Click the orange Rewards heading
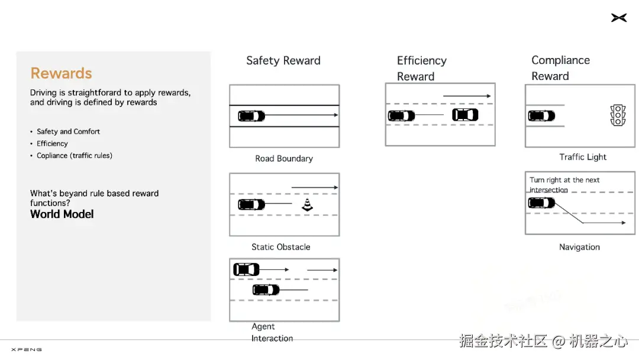pos(61,73)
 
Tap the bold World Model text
pos(62,214)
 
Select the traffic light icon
pos(618,115)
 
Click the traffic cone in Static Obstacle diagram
pos(306,205)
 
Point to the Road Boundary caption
pos(284,159)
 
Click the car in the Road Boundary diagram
pos(251,116)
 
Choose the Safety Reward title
pos(283,60)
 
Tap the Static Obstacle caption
pos(280,247)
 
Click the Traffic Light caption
pos(583,157)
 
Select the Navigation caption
pos(579,247)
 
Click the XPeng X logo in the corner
pos(618,18)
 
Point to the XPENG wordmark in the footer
pos(27,350)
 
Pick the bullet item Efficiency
pos(52,143)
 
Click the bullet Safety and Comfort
pos(68,131)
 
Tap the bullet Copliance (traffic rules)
pos(74,156)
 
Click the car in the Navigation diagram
pos(541,203)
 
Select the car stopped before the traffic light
pos(541,116)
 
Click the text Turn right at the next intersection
pos(564,185)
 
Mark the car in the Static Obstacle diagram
pos(251,205)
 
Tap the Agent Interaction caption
pos(272,332)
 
